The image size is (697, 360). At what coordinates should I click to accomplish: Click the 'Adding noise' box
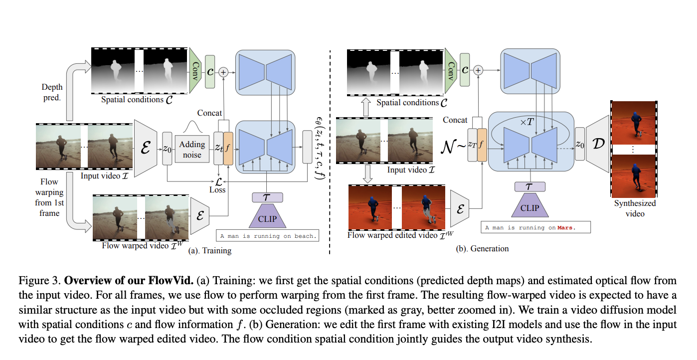(x=192, y=149)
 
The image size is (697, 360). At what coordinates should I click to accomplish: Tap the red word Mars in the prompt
(x=565, y=227)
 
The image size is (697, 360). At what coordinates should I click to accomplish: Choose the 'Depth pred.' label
(x=52, y=92)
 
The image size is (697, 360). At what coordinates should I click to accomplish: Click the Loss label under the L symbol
(x=217, y=189)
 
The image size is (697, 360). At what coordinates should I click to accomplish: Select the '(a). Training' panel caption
(x=209, y=250)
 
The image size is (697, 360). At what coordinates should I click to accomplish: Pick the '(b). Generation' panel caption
(x=482, y=248)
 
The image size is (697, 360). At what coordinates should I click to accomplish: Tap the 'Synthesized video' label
(x=635, y=208)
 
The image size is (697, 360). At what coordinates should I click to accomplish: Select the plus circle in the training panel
(x=223, y=72)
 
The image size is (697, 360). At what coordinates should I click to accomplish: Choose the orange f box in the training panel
(x=228, y=148)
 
